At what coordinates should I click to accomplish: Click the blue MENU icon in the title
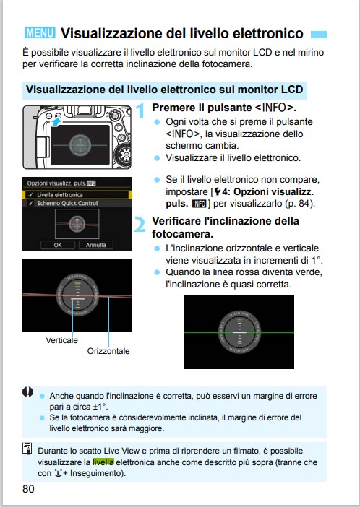tap(40, 33)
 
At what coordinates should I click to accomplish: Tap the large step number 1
tap(140, 111)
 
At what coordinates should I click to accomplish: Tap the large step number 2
tap(140, 225)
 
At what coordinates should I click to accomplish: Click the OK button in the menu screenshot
tap(58, 245)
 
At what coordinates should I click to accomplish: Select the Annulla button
tap(96, 245)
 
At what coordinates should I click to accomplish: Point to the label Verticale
tap(62, 340)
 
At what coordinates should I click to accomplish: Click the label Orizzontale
tap(108, 351)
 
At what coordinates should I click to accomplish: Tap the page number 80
tap(28, 489)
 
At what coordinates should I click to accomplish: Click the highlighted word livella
tap(103, 462)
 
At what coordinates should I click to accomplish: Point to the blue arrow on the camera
tap(56, 122)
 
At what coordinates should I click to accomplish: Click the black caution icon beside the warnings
tap(27, 392)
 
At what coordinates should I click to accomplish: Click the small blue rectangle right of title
tap(319, 34)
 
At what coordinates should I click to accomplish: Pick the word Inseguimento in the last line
tap(96, 473)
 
